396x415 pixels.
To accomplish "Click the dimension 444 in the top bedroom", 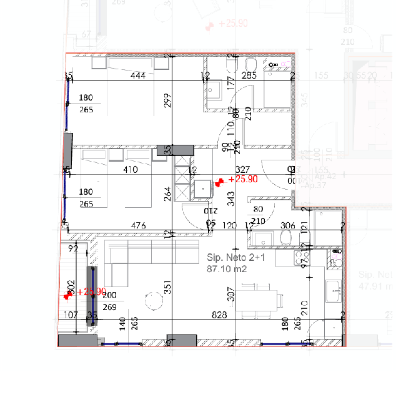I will coord(138,76).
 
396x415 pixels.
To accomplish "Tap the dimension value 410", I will coord(130,169).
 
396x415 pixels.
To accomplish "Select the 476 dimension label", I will coord(138,225).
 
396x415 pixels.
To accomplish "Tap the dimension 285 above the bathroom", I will coord(249,76).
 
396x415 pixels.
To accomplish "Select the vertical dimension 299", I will coord(167,100).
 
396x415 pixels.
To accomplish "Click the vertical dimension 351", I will coord(167,286).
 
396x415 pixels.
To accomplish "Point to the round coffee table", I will coord(153,301).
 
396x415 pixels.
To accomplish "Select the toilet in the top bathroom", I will coord(251,65).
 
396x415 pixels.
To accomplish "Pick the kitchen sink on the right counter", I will coord(334,289).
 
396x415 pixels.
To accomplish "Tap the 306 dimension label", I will coord(287,225).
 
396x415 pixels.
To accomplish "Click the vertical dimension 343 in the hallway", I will coord(230,198).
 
